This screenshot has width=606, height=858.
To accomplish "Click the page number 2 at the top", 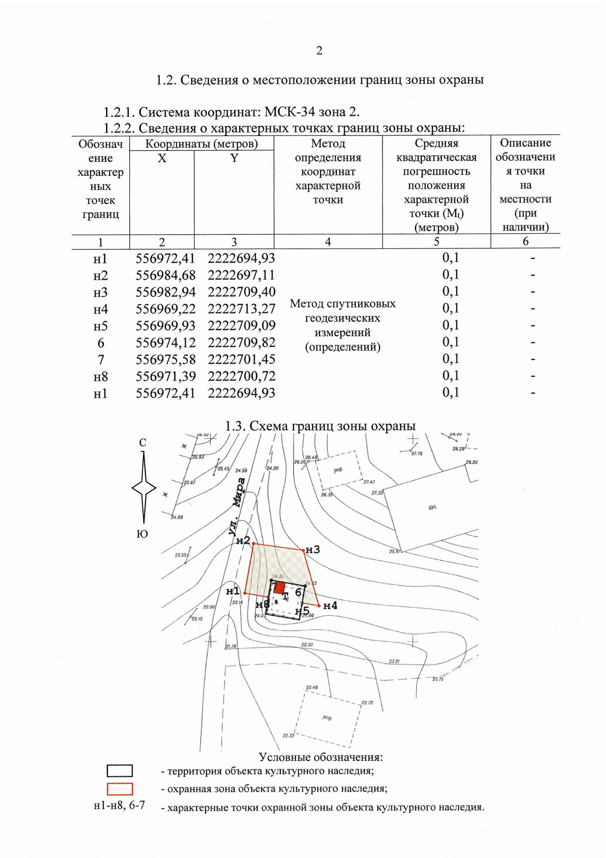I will pos(319,51).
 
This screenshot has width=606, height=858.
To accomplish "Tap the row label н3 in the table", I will pos(100,293).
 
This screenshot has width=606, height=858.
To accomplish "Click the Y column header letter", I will pos(234,158).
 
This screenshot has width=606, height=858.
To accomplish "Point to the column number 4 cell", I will pos(328,242).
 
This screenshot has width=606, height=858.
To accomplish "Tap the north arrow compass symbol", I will pos(144,488).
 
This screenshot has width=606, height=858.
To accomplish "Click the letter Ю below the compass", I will pos(142,534).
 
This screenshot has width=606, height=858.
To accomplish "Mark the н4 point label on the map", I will pos(330,606).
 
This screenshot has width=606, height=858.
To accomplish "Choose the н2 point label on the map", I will pos(243,540).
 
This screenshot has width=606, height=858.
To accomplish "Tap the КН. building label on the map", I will pos(433,507).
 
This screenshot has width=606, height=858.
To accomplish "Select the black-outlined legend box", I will pos(120,771).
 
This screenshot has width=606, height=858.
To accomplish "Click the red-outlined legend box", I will pos(120,789).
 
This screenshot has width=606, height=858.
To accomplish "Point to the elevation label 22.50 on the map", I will pos(307,645).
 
